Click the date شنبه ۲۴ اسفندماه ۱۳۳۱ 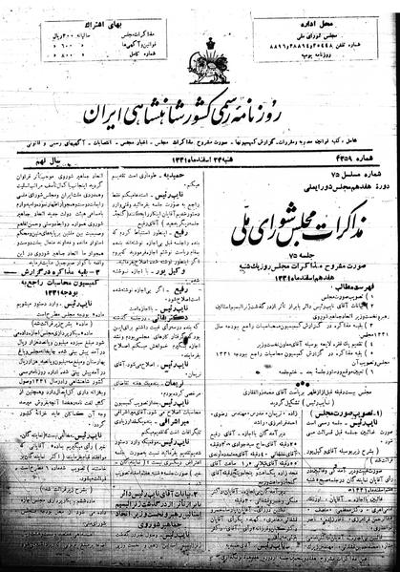[x=204, y=156]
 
